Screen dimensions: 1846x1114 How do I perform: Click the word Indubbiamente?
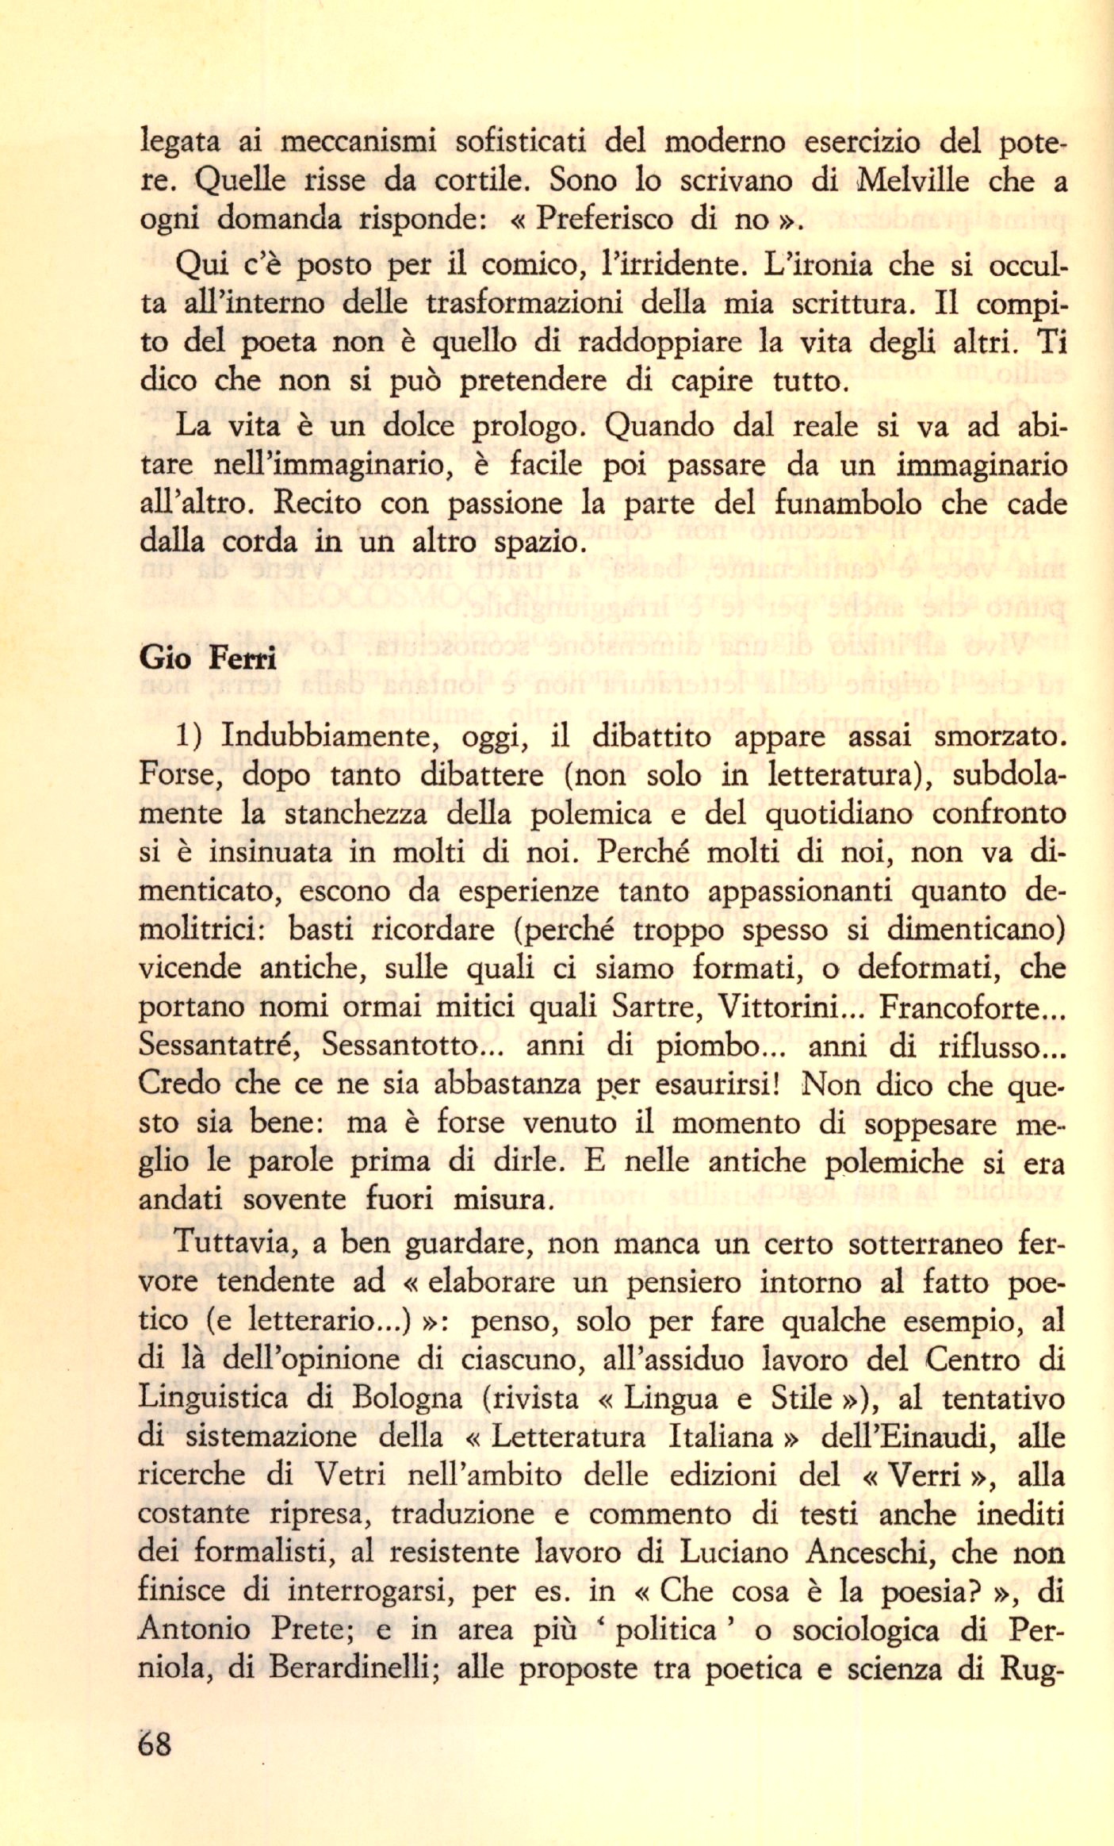click(329, 738)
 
